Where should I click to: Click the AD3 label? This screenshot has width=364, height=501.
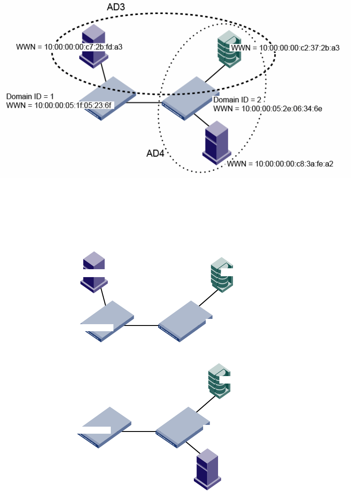tap(116, 7)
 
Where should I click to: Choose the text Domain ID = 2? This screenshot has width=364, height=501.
tap(237, 100)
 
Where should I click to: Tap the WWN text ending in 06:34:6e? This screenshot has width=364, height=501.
tap(268, 108)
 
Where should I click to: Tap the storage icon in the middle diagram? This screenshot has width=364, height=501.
tap(222, 275)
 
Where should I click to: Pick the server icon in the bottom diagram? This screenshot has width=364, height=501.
tap(207, 468)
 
